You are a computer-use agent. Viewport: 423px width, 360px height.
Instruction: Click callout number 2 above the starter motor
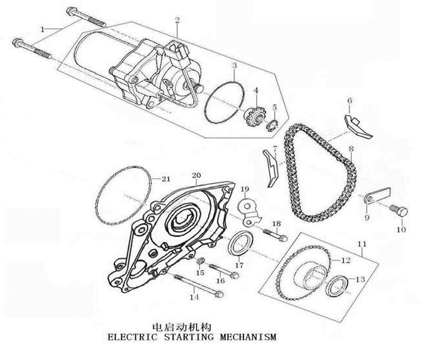pyautogui.click(x=177, y=21)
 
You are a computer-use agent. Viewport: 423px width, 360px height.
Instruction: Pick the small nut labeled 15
pyautogui.click(x=201, y=259)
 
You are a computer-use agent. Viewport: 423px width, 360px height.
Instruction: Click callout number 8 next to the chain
pyautogui.click(x=351, y=149)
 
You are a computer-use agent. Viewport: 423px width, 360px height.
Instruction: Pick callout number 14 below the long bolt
pyautogui.click(x=193, y=298)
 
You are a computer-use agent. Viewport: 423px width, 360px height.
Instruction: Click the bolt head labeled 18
pyautogui.click(x=282, y=238)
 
